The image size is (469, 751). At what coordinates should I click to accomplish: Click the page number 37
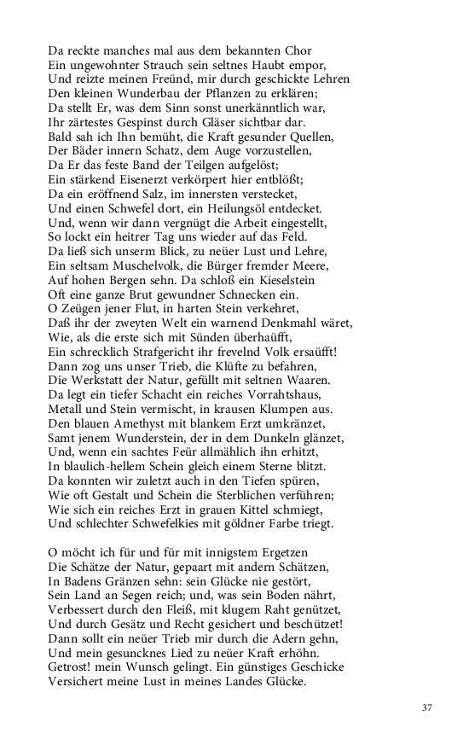(x=427, y=707)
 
